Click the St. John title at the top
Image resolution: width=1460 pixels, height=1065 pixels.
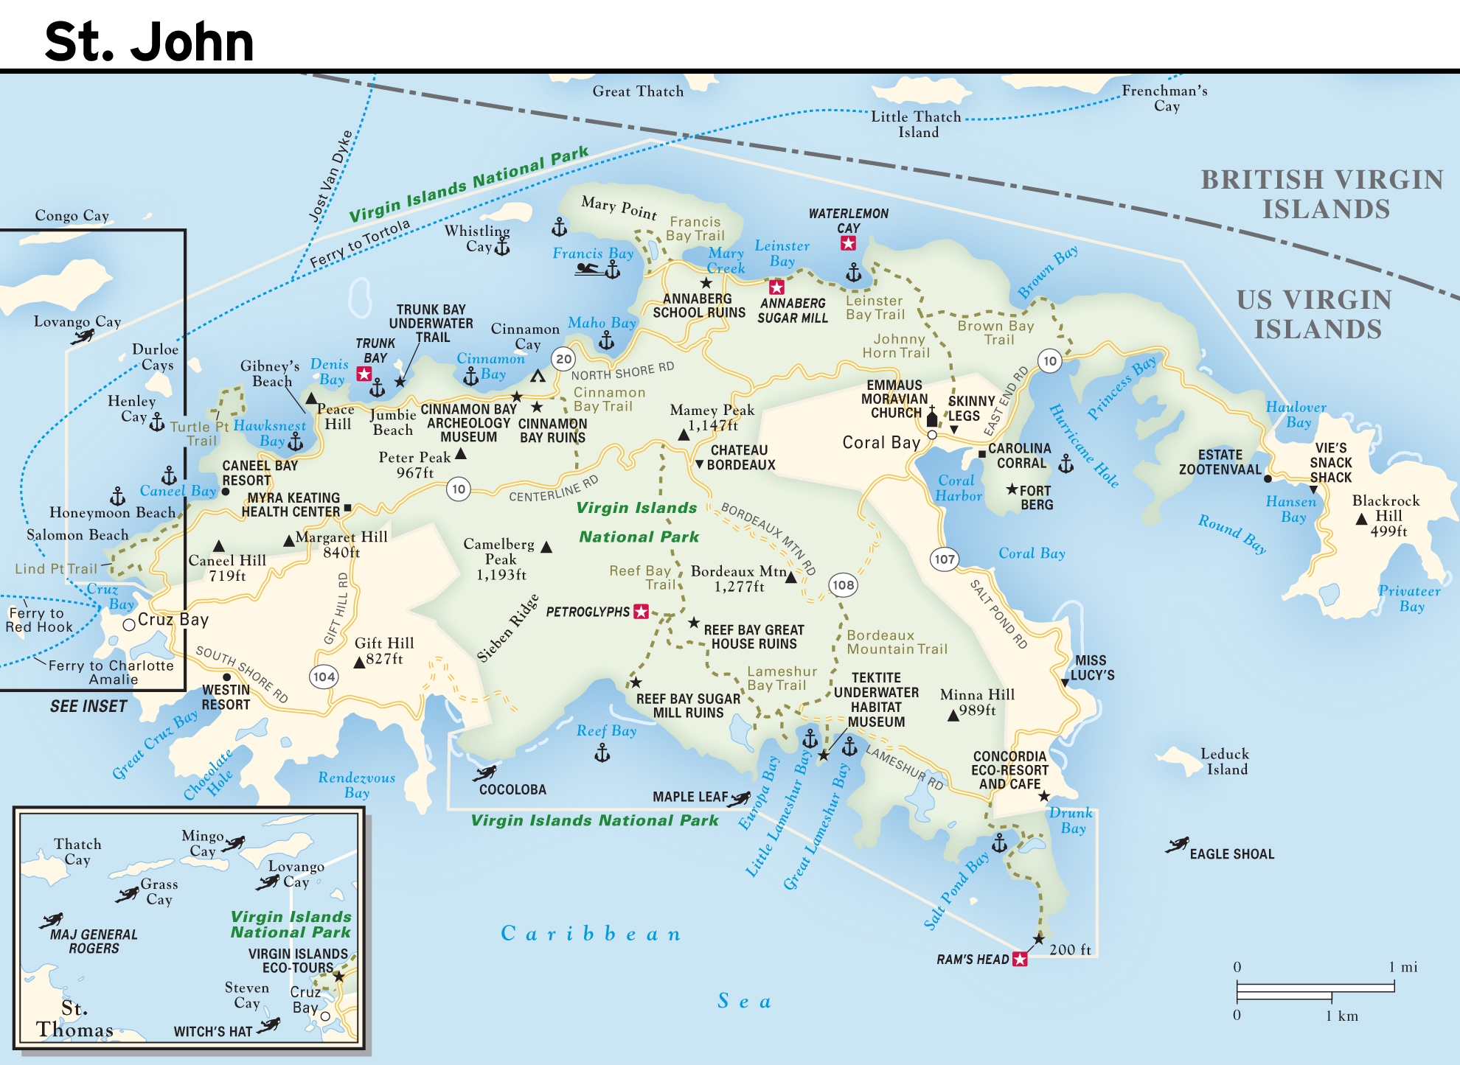point(149,41)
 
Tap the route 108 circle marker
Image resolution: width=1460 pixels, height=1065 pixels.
point(843,585)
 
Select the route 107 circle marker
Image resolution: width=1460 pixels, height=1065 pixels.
point(944,559)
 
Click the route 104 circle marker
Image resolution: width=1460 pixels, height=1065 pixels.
point(324,677)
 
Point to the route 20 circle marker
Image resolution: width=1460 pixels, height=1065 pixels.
point(563,359)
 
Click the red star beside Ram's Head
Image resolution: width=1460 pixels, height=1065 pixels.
point(1020,959)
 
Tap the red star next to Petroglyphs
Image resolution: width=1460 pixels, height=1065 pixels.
point(642,612)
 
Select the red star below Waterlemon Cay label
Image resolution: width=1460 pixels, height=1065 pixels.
point(848,243)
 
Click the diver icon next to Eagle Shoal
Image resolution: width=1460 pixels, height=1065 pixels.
point(1177,845)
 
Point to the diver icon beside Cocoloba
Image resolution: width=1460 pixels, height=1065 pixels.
point(484,773)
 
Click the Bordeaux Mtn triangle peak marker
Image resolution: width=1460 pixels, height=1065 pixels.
point(790,577)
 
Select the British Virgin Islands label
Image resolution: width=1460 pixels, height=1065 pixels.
point(1322,194)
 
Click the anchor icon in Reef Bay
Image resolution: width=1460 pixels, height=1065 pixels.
point(602,753)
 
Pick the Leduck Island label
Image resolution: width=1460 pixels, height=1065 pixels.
point(1224,761)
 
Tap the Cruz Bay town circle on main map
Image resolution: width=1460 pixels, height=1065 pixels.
point(129,624)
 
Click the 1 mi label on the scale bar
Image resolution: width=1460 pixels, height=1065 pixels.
point(1402,967)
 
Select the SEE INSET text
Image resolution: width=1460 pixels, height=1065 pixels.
point(88,706)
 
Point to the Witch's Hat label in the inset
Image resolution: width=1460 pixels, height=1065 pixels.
point(213,1031)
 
